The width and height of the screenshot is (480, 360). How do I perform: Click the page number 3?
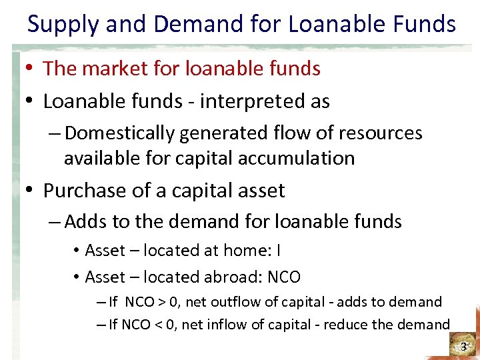point(464,347)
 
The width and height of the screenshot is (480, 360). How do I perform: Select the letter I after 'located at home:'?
point(278,251)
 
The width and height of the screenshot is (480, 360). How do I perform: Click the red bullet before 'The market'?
point(31,69)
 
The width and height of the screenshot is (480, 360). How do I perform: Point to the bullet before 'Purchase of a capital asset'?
point(31,191)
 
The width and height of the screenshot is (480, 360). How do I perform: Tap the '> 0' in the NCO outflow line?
point(167,302)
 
